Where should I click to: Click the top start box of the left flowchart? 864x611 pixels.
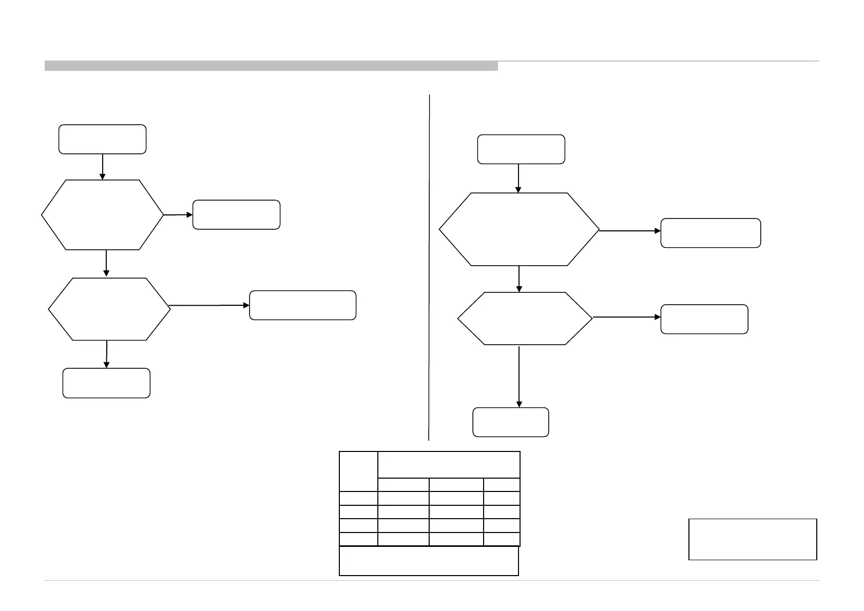click(102, 139)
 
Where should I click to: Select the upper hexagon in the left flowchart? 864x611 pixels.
click(102, 215)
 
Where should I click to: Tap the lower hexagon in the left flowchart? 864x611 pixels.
click(109, 309)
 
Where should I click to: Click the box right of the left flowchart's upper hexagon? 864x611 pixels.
click(236, 214)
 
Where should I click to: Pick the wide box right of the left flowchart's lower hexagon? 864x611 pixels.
click(302, 305)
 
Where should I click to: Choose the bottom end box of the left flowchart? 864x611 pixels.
click(106, 383)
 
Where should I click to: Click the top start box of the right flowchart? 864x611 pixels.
click(521, 149)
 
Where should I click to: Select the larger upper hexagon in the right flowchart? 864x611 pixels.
click(519, 229)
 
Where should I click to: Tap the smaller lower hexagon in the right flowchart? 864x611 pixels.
click(525, 318)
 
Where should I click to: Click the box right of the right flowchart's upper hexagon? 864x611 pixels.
click(711, 233)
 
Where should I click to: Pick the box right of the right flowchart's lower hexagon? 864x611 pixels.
click(704, 319)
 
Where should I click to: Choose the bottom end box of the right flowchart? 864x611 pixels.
click(510, 422)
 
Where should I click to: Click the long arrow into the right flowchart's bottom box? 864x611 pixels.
click(519, 377)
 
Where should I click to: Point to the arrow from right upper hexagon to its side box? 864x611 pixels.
click(630, 231)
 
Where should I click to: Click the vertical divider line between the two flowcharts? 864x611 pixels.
click(429, 267)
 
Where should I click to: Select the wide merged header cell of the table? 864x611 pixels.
click(449, 465)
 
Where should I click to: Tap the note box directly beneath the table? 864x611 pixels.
click(429, 561)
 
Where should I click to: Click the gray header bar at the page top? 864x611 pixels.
click(271, 66)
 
